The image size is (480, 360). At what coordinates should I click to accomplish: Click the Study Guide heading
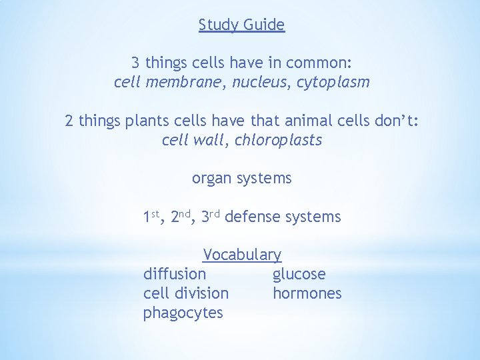(x=241, y=25)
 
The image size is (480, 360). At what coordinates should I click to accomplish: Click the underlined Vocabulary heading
(x=242, y=255)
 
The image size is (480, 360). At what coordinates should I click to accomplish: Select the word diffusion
(x=175, y=274)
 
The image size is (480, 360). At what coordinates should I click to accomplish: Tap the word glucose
(x=299, y=274)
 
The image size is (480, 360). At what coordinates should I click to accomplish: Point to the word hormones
(x=307, y=293)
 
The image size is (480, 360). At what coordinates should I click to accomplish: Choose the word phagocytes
(x=183, y=313)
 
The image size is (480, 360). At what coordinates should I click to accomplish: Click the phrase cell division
(x=185, y=293)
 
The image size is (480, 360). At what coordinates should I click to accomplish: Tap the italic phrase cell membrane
(x=169, y=83)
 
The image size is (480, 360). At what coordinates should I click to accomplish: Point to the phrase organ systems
(x=241, y=179)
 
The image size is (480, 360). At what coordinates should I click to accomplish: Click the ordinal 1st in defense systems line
(x=152, y=217)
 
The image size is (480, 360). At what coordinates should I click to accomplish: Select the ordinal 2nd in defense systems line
(x=181, y=217)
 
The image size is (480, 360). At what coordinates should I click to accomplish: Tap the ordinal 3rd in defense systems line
(x=210, y=217)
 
